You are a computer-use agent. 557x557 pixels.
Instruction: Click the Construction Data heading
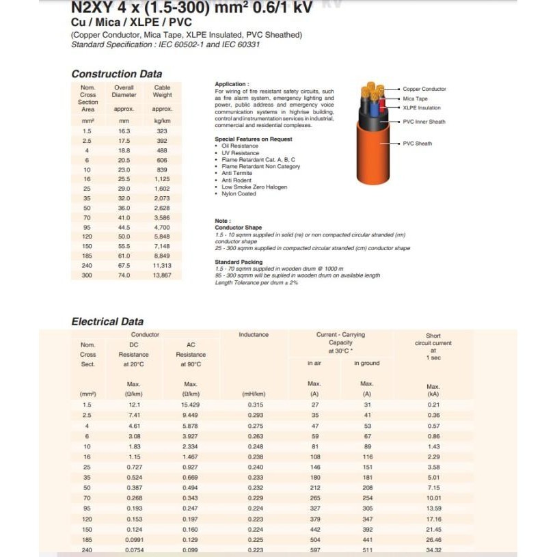click(117, 74)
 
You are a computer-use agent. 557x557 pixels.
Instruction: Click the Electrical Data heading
click(107, 321)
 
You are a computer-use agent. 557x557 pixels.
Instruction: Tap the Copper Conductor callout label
click(424, 89)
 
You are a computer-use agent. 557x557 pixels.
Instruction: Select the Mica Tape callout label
click(415, 98)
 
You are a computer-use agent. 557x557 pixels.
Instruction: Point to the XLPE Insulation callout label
click(422, 108)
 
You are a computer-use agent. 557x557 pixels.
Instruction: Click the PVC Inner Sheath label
click(424, 122)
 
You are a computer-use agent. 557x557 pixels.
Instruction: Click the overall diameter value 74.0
click(124, 275)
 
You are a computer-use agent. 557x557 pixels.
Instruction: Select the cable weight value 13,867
click(162, 275)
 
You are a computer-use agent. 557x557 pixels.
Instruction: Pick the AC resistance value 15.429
click(191, 405)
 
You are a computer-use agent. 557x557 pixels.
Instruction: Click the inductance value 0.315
click(254, 405)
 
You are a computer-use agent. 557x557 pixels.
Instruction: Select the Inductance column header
click(254, 335)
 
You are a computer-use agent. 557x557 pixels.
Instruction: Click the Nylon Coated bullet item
click(239, 193)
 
